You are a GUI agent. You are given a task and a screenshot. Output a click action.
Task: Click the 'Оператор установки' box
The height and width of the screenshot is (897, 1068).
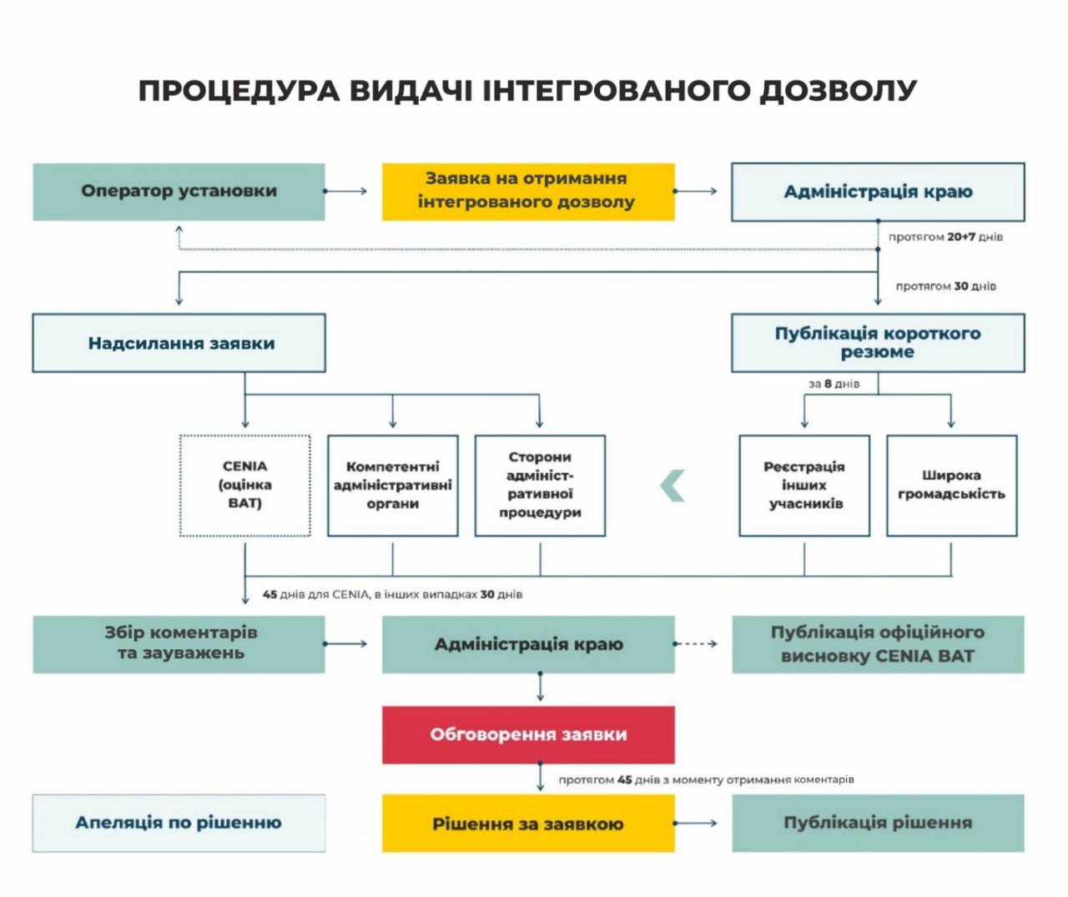coord(179,191)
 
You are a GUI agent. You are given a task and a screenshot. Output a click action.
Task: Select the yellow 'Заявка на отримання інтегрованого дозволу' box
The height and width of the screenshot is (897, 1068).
coord(527,191)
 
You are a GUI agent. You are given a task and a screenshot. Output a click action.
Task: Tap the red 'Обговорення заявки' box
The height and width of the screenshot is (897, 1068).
coord(527,734)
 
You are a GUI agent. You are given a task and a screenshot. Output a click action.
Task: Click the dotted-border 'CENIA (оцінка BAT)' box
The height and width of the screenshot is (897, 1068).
coord(244,485)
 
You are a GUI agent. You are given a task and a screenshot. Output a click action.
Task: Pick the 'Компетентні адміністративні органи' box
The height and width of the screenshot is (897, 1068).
coord(392,485)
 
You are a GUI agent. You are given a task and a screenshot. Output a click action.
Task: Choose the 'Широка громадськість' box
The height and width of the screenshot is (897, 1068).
coord(951,485)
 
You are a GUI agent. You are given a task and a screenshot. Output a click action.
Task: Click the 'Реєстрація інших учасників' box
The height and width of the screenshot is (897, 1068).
coord(804,485)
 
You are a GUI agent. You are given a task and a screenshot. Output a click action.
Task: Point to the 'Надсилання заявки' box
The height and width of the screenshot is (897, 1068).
coord(179,343)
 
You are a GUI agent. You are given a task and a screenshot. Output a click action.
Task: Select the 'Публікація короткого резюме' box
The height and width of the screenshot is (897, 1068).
coord(877,343)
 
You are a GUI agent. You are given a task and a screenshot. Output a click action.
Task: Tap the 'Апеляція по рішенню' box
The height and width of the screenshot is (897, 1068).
coord(179,823)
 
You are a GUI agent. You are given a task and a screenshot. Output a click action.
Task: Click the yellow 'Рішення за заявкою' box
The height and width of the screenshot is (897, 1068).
coord(527,823)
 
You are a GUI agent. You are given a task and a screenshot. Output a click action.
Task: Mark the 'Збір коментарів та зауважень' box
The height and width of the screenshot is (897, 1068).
coord(179,643)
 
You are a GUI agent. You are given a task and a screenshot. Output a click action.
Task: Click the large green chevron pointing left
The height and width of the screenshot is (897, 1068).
coord(673,486)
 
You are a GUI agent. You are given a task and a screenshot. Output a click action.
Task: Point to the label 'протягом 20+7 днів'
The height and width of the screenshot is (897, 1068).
coord(945,237)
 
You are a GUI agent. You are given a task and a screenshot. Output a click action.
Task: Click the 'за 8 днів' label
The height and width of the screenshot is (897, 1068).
coord(834,384)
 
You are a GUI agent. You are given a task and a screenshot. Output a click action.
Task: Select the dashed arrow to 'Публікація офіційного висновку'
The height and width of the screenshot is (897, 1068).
coord(695,643)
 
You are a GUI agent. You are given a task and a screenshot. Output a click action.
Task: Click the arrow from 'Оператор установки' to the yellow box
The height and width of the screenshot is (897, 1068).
coord(345,191)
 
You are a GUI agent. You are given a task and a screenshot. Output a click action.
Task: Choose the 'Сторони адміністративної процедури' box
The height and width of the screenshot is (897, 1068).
coord(540,485)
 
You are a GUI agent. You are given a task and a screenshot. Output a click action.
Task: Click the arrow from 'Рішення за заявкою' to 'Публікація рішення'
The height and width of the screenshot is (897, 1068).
coord(695,823)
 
